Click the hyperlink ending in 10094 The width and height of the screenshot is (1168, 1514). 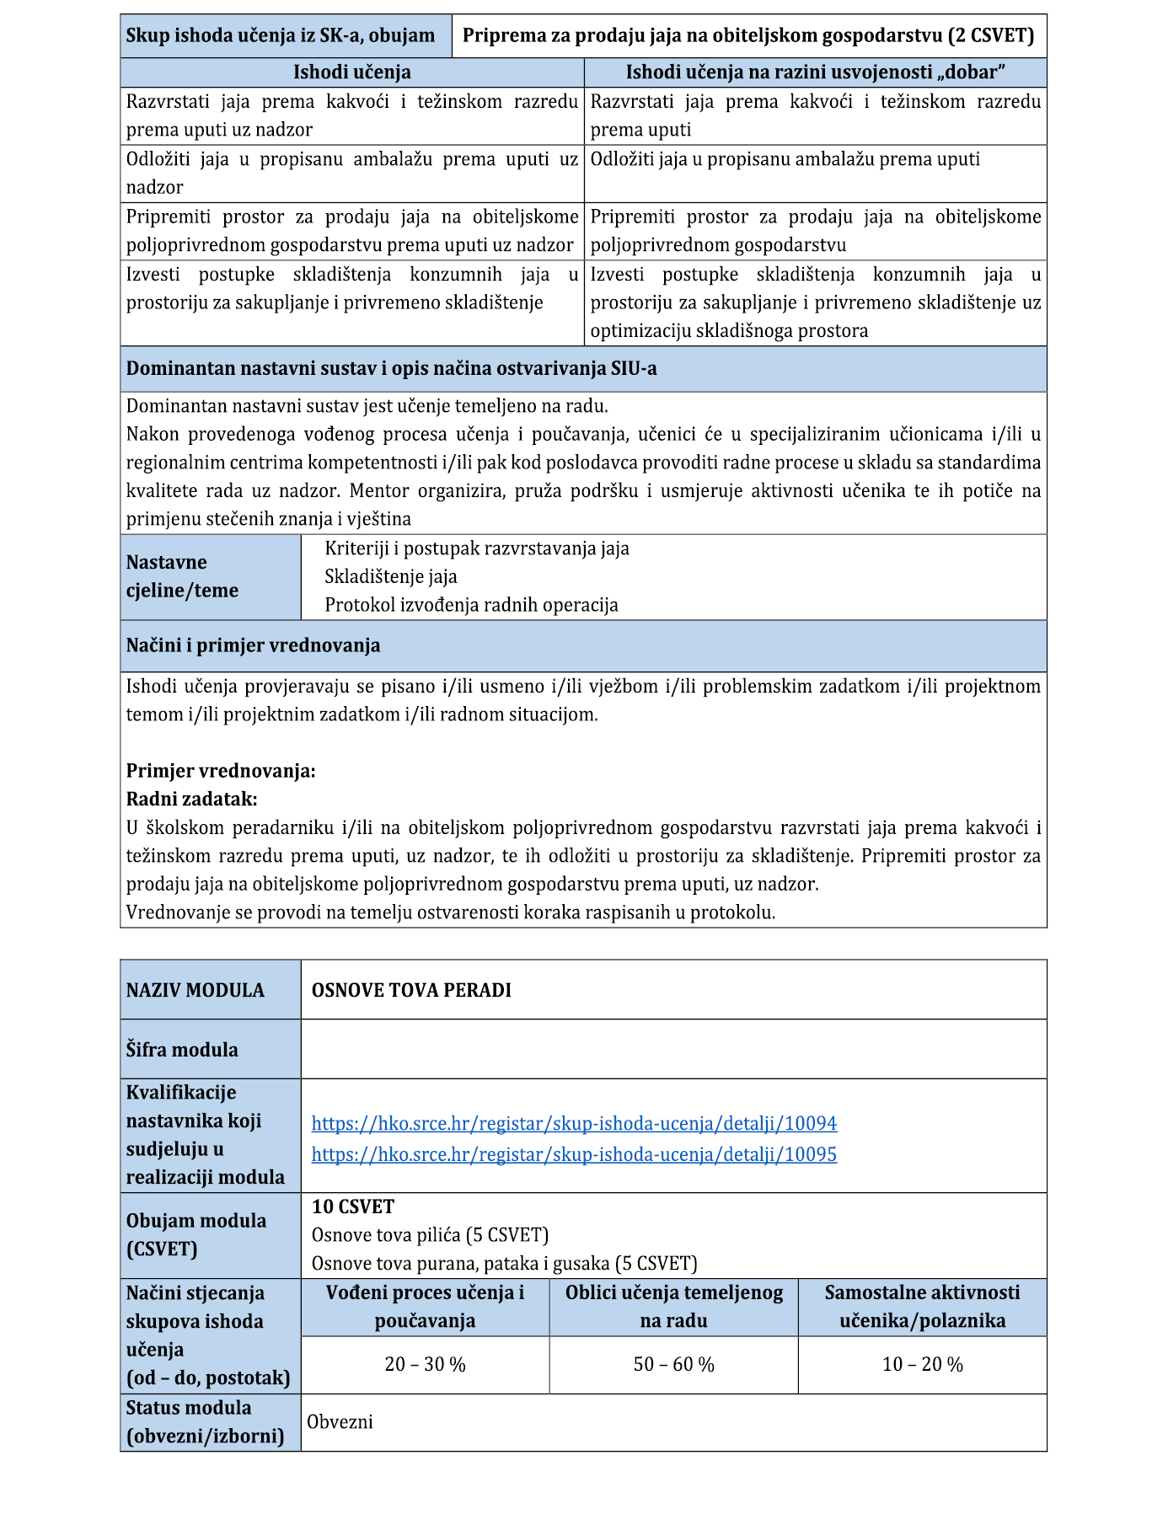pyautogui.click(x=574, y=1123)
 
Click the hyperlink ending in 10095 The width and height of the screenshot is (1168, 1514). pyautogui.click(x=574, y=1154)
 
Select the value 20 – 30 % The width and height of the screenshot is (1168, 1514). pyautogui.click(x=425, y=1364)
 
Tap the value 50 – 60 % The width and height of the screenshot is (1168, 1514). pyautogui.click(x=673, y=1364)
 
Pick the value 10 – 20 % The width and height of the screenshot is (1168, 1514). pyautogui.click(x=922, y=1364)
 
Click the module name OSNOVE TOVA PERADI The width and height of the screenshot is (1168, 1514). pyautogui.click(x=411, y=990)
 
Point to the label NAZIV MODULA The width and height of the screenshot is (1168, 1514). pyautogui.click(x=196, y=990)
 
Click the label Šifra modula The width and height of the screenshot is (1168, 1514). pyautogui.click(x=182, y=1050)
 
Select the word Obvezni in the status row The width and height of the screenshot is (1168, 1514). pyautogui.click(x=340, y=1422)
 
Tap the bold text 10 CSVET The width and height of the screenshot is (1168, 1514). pyautogui.click(x=353, y=1206)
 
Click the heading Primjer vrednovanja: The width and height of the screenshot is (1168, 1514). pyautogui.click(x=221, y=771)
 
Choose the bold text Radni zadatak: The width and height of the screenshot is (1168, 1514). pyautogui.click(x=191, y=799)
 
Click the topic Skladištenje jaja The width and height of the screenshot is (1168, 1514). pyautogui.click(x=391, y=577)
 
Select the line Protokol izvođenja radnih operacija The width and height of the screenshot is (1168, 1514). pyautogui.click(x=471, y=605)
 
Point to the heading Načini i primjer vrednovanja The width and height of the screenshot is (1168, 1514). pyautogui.click(x=253, y=645)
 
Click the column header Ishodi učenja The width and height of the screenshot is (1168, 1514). pyautogui.click(x=351, y=72)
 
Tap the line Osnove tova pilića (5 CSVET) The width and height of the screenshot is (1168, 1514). pyautogui.click(x=430, y=1235)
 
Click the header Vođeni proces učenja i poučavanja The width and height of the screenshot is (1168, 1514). pyautogui.click(x=425, y=1306)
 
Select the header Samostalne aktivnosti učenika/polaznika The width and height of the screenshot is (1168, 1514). pyautogui.click(x=922, y=1306)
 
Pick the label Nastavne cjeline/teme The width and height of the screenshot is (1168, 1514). pyautogui.click(x=182, y=576)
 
